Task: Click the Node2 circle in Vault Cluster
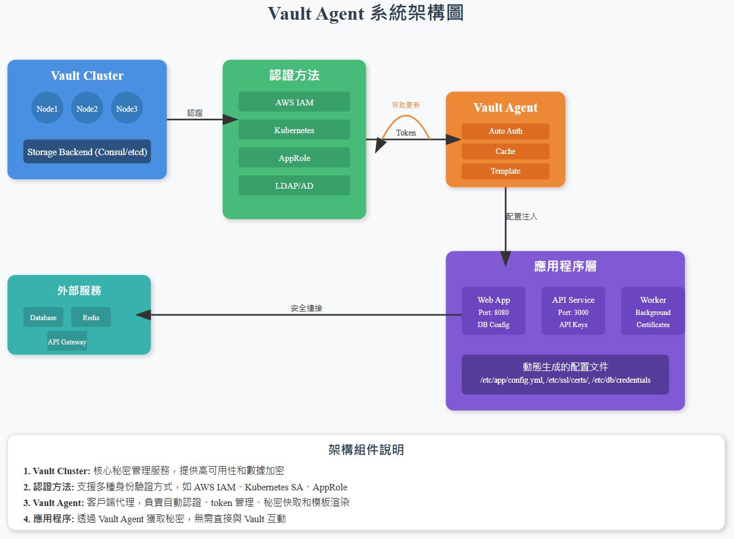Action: (x=87, y=108)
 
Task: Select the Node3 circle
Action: (x=126, y=108)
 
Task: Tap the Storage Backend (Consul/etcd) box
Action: (x=87, y=152)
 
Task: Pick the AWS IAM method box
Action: (x=294, y=102)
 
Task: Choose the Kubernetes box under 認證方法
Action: (x=294, y=130)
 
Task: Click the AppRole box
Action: (x=294, y=157)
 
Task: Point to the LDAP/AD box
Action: (x=294, y=185)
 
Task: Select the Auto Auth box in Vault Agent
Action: (x=505, y=131)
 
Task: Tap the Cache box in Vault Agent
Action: (x=505, y=151)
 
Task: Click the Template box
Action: (x=505, y=171)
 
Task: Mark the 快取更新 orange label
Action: (x=406, y=105)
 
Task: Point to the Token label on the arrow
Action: (x=406, y=133)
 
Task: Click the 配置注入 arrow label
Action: (x=522, y=217)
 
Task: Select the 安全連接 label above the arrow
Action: (x=306, y=309)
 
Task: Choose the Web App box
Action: (x=493, y=311)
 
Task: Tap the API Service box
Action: (x=573, y=311)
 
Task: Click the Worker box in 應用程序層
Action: (x=652, y=311)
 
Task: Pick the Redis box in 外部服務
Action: (x=91, y=317)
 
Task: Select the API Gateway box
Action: (x=67, y=341)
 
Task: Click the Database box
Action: (x=43, y=317)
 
